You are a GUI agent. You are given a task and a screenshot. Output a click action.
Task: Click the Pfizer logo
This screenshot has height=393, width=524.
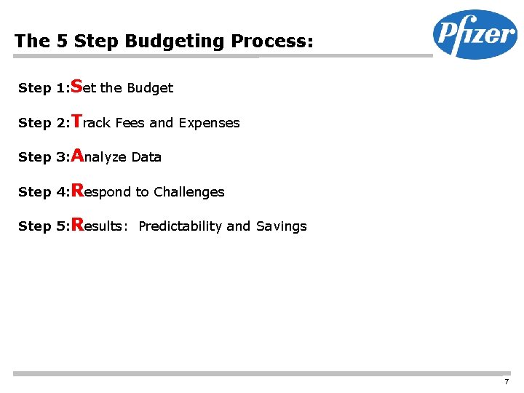click(x=475, y=34)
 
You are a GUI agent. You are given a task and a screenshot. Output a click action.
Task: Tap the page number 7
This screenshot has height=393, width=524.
click(x=506, y=382)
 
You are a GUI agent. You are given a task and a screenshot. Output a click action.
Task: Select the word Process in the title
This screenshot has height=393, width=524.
click(x=272, y=41)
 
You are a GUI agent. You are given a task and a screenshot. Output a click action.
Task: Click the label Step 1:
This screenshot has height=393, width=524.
click(x=43, y=89)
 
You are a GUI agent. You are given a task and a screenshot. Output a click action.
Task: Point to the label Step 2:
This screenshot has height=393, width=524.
click(x=43, y=123)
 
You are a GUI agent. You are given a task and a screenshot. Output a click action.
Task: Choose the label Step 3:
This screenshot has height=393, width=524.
click(x=43, y=157)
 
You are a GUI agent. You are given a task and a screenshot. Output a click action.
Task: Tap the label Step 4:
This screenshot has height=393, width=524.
click(x=43, y=192)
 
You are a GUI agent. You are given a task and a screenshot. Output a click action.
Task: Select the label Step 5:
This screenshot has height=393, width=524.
click(x=43, y=226)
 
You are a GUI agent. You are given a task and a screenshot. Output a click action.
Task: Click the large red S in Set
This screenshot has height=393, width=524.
click(x=76, y=86)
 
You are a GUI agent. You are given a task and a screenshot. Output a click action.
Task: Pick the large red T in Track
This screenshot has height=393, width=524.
click(x=76, y=120)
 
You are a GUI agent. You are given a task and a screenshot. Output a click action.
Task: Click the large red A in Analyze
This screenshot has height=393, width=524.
click(x=77, y=154)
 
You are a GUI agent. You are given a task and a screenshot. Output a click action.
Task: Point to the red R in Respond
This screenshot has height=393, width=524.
click(x=77, y=189)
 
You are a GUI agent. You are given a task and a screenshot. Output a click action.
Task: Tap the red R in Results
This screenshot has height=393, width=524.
click(x=77, y=223)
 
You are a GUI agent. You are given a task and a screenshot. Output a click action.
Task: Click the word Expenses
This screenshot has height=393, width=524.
click(x=210, y=123)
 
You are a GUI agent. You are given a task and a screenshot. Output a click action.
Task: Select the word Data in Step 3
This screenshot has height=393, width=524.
click(x=146, y=157)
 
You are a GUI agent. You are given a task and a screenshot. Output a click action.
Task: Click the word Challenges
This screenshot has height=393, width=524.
click(x=189, y=192)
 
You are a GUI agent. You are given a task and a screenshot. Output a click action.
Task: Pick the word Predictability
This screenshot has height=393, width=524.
click(x=180, y=226)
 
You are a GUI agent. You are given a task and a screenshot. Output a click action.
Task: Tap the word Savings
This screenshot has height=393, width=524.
click(x=281, y=226)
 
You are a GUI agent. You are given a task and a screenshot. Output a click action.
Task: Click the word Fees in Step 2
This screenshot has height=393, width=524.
click(x=130, y=123)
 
